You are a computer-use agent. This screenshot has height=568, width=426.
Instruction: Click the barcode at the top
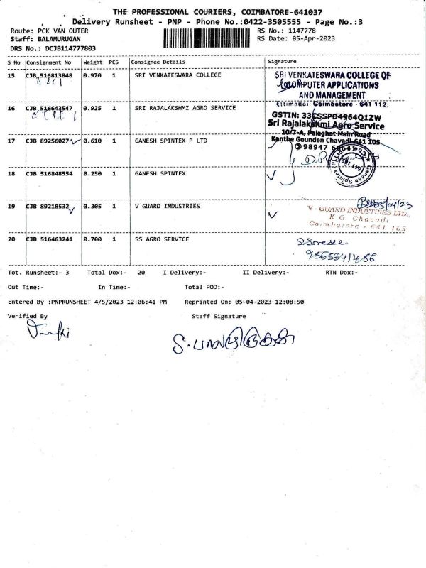(207, 37)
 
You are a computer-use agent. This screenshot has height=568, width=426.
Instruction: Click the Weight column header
(93, 62)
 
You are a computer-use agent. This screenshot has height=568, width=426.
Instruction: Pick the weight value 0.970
(92, 75)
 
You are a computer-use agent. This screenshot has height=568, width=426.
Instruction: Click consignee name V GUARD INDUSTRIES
(167, 206)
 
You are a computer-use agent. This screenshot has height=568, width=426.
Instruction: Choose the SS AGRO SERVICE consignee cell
(162, 239)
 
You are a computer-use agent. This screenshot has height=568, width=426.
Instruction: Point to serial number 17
(11, 141)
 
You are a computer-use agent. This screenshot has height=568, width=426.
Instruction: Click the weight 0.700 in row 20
(92, 239)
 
